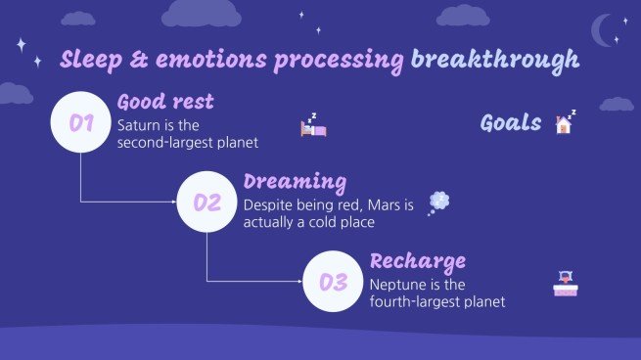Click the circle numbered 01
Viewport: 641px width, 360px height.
80,123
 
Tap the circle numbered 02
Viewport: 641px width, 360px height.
206,203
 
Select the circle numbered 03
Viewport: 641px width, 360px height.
333,283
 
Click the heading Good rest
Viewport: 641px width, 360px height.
165,102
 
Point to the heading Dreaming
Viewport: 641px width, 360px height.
295,182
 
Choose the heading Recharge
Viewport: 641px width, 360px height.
417,261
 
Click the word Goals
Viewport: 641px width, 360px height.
511,122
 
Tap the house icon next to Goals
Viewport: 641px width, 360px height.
565,121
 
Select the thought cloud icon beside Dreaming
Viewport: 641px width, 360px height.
439,202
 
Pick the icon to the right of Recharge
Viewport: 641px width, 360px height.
565,284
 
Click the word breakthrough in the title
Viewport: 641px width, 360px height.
494,60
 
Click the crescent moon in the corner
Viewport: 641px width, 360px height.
604,29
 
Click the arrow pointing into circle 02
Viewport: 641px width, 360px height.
173,203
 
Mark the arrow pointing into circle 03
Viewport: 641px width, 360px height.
298,283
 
